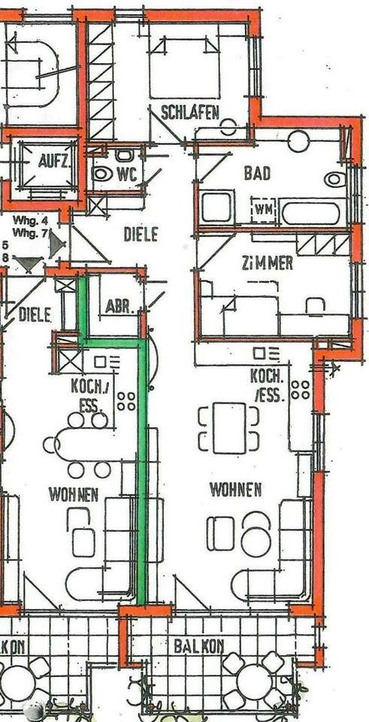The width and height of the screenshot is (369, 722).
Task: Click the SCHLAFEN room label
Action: click(190, 114)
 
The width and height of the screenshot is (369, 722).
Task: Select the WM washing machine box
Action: click(264, 208)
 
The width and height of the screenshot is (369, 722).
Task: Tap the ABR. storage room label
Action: click(116, 306)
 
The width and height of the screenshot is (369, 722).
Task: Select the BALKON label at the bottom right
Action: click(198, 645)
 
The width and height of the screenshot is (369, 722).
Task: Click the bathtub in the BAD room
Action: click(313, 211)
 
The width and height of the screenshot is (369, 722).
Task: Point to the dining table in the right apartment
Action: click(229, 429)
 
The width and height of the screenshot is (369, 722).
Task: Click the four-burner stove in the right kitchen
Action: click(301, 390)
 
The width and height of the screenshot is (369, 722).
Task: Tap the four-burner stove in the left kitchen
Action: click(126, 401)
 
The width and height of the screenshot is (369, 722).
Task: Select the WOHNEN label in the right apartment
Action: click(235, 490)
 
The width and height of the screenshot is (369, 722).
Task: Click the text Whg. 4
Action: click(31, 220)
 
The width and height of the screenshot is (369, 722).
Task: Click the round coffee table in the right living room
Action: click(256, 542)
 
